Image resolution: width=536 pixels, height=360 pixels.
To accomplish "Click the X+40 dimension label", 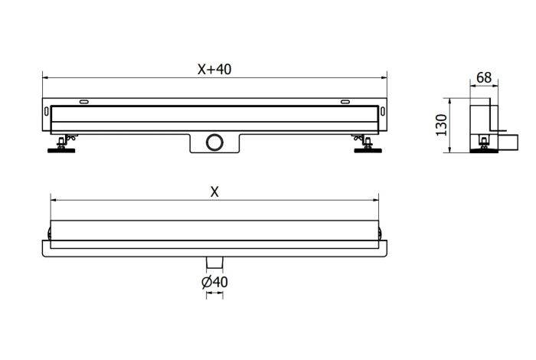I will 214,69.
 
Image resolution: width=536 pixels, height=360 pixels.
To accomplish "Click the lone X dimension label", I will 214,192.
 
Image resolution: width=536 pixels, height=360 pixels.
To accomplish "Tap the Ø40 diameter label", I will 214,282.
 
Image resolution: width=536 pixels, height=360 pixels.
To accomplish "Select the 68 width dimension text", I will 483,77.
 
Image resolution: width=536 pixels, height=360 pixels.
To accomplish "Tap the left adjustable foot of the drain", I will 61,146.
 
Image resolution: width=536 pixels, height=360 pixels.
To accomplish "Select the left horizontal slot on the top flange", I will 83,102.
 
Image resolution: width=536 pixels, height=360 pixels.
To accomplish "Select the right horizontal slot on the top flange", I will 345,102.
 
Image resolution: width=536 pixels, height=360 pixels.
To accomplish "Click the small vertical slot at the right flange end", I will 381,116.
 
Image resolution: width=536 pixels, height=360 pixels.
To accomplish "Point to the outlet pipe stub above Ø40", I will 214,262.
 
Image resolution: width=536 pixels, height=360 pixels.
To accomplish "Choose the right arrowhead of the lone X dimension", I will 377,201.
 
